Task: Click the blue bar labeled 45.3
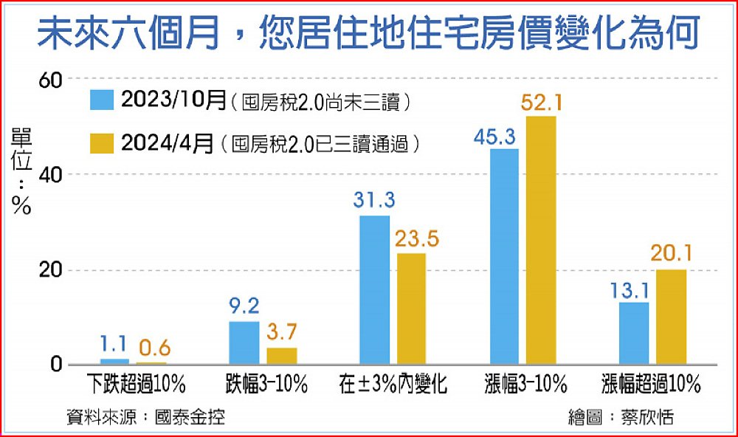(505, 257)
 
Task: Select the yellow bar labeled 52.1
(542, 241)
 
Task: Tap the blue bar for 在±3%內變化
(374, 290)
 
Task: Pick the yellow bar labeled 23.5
(411, 309)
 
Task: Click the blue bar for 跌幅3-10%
(244, 343)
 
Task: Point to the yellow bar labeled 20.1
(671, 317)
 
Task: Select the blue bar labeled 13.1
(634, 334)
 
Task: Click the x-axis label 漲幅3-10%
(525, 385)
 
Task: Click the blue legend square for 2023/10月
(100, 100)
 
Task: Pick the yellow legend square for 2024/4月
(100, 142)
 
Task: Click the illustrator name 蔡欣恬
(646, 417)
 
